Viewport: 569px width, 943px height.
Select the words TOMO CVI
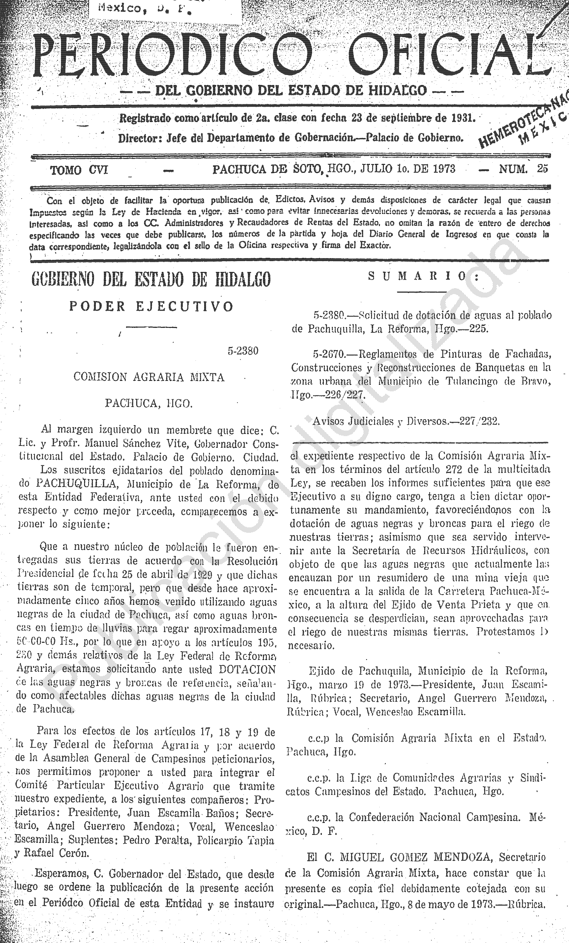tap(79, 169)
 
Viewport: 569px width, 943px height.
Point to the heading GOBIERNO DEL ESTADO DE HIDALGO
tap(151, 279)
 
